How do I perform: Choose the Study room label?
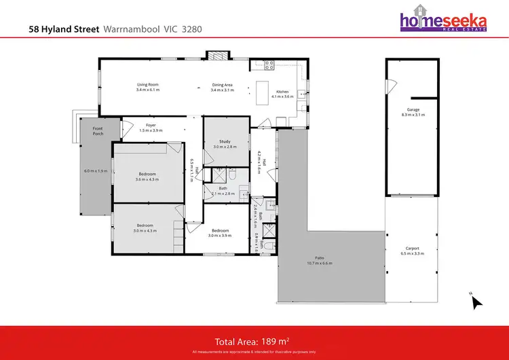[222, 143]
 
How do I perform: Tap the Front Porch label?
[88, 132]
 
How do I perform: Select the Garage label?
[413, 109]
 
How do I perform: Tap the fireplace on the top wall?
[219, 55]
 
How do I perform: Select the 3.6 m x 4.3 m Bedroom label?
[147, 175]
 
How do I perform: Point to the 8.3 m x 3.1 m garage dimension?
[413, 115]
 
